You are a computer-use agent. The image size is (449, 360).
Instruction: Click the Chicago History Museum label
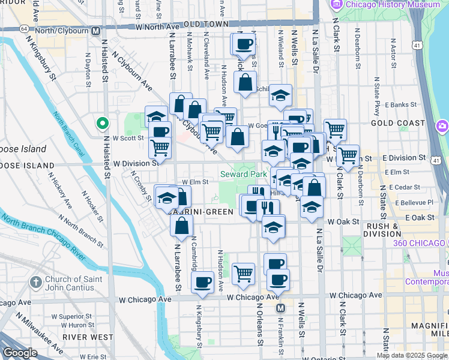pos(391,5)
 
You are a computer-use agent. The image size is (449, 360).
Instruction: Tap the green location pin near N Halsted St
pos(103,124)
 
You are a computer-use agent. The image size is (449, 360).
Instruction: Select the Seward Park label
pos(243,175)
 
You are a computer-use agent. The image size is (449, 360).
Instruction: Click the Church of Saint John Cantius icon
pos(36,281)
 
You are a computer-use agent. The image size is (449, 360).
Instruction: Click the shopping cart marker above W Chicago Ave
pos(243,274)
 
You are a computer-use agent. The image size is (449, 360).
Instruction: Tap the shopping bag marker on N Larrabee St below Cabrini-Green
pos(181,226)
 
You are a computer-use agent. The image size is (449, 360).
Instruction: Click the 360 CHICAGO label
pos(420,243)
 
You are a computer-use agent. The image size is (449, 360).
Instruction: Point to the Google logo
pos(20,353)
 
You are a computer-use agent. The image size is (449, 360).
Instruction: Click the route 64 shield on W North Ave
pos(23,28)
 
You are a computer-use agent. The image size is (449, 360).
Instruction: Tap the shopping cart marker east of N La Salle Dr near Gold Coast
pos(335,128)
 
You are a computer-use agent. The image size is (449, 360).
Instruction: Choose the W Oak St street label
pos(342,221)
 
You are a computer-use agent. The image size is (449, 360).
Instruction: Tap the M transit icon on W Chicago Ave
pos(280,308)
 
